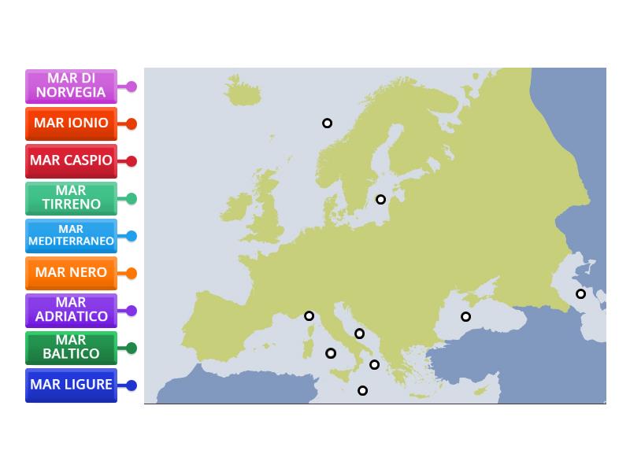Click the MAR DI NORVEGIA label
71,86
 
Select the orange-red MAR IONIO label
71,124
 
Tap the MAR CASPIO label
71,160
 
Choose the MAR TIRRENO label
71,198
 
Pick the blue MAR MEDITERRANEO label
71,235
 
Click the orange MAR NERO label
71,273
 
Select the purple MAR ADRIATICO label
71,310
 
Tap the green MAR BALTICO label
71,348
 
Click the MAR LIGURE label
71,385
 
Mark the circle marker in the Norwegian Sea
327,123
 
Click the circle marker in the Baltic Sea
380,199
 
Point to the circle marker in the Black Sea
465,316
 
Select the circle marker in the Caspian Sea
580,293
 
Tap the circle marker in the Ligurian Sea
309,315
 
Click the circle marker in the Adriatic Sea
359,334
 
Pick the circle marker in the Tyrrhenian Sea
331,353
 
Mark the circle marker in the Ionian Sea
374,364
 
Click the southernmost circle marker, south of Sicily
362,390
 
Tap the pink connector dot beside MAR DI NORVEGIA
132,87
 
